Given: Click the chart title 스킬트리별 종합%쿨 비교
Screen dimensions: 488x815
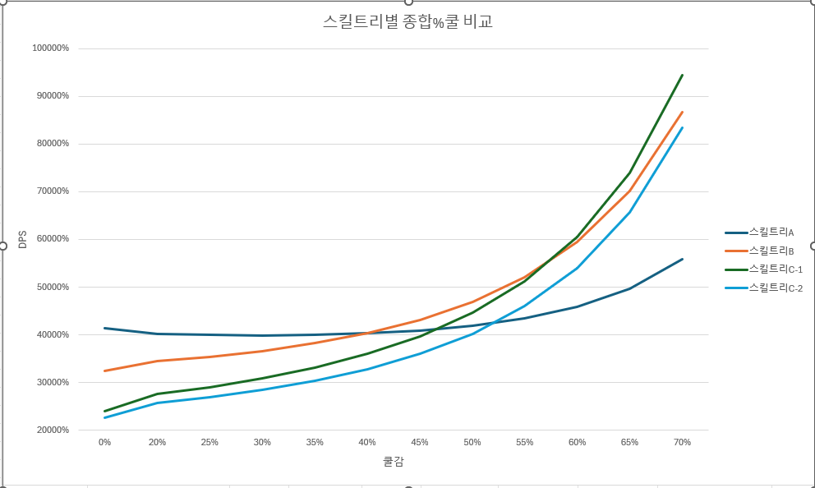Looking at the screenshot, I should (x=407, y=22).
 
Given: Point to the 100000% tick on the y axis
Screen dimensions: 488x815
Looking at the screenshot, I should (x=51, y=48).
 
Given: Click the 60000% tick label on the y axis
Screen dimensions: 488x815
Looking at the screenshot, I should (x=51, y=239).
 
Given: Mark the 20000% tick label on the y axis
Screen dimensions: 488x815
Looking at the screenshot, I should (x=51, y=430).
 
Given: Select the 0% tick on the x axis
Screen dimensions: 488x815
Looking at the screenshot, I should (x=105, y=442).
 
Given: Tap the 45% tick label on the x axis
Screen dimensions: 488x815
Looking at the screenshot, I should (x=420, y=442).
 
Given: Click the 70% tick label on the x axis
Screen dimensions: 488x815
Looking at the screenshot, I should (x=682, y=442).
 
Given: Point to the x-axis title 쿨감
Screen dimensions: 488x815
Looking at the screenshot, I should (x=394, y=462).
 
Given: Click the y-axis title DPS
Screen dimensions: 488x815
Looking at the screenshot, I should (x=23, y=239).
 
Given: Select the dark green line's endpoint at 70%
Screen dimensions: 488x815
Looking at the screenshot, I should (x=683, y=75).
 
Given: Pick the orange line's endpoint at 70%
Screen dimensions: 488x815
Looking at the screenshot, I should (x=683, y=112).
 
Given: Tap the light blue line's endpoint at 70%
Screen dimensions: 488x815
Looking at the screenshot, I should (x=683, y=127).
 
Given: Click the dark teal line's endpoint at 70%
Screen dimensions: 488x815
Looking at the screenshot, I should (x=683, y=259).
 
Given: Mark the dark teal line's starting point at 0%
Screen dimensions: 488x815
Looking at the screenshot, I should (x=105, y=328).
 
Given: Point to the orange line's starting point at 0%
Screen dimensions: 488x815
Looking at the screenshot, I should (x=105, y=371).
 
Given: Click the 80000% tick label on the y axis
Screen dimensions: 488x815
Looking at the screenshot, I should (x=51, y=144).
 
